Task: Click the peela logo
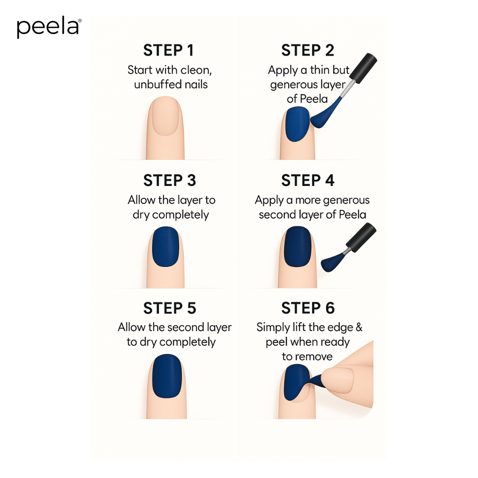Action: tap(49, 27)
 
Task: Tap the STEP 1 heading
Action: tap(169, 50)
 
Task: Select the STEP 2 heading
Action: tap(308, 50)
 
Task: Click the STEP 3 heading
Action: tap(170, 181)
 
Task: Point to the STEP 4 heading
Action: tap(308, 181)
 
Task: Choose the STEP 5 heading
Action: tap(170, 308)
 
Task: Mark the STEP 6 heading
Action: tap(308, 308)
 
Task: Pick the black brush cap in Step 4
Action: tap(361, 235)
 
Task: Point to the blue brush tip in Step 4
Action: tap(332, 263)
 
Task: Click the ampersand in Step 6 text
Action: tap(358, 328)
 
